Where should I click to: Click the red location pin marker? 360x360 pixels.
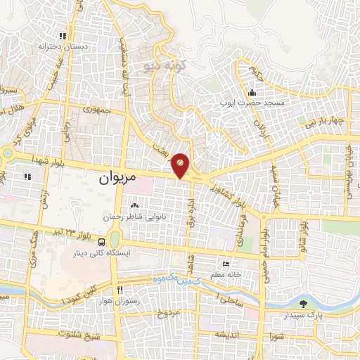click(180, 164)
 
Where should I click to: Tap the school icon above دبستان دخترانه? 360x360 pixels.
click(63, 36)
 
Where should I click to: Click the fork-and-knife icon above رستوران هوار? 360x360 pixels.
click(120, 290)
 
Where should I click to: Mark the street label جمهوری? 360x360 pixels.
click(98, 110)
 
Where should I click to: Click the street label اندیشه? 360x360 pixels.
click(229, 333)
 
